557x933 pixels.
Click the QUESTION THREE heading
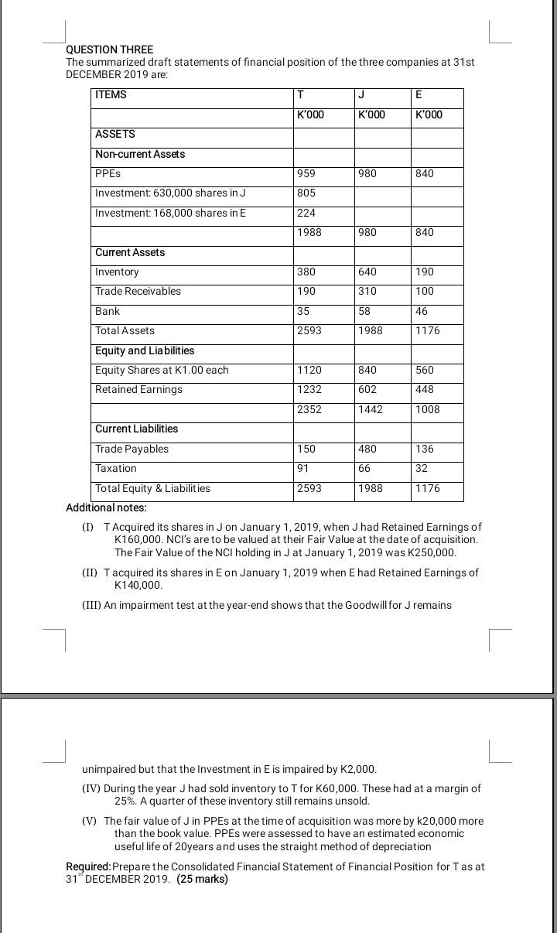click(x=110, y=50)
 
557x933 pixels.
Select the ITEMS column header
click(x=111, y=95)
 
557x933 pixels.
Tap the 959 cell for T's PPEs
click(x=306, y=174)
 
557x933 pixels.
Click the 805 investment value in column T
click(x=306, y=193)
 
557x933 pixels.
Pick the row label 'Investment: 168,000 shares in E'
click(x=170, y=213)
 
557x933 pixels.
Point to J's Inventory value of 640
click(x=367, y=272)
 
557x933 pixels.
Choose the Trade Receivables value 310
click(x=367, y=292)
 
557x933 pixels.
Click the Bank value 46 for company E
click(x=422, y=311)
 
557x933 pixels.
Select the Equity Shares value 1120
click(x=309, y=371)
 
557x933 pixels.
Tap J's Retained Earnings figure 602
click(x=367, y=390)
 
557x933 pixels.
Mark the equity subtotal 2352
click(x=309, y=410)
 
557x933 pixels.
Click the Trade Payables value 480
click(x=367, y=449)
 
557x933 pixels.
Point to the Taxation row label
click(x=116, y=469)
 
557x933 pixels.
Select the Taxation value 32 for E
click(x=422, y=469)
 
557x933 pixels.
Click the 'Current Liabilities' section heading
click(x=136, y=429)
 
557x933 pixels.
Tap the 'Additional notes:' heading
click(x=106, y=508)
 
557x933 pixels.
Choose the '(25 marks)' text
click(x=202, y=880)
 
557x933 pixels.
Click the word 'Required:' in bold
click(x=89, y=867)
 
